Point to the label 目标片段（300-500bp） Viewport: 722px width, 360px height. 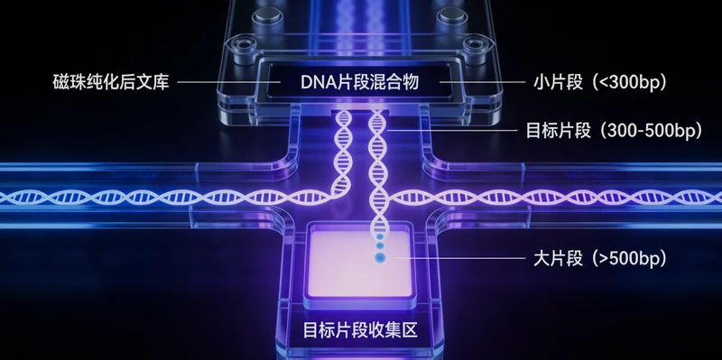[614, 130]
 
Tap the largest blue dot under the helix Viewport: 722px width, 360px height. [379, 260]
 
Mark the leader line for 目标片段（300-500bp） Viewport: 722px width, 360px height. [456, 130]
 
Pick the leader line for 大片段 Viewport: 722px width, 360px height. [456, 260]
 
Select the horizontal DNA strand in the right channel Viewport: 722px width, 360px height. [560, 195]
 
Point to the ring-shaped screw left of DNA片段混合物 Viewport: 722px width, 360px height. [240, 45]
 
